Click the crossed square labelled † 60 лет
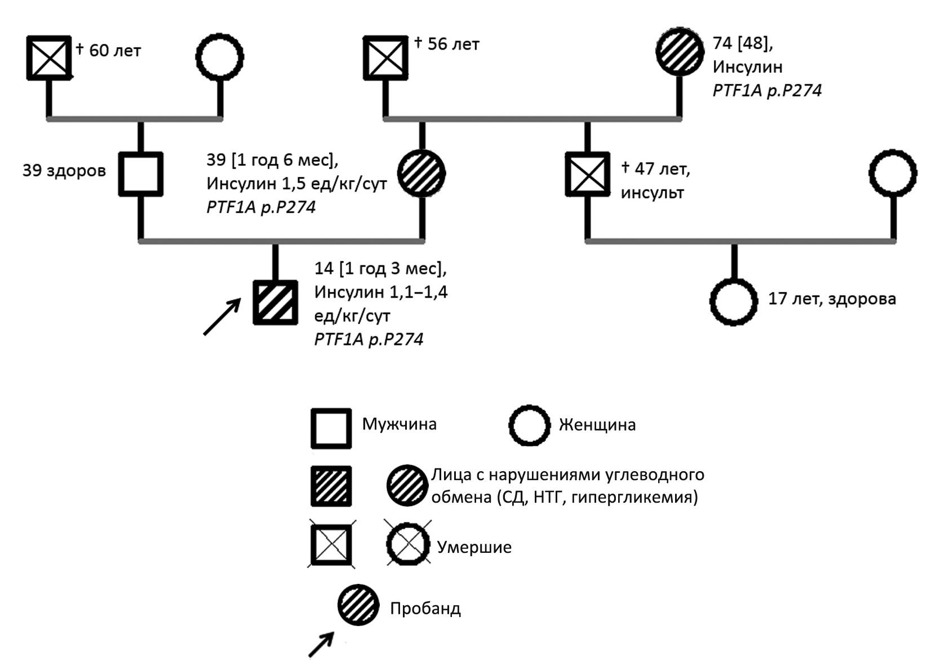coord(50,57)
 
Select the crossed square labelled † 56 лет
coord(385,57)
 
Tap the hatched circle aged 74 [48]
coord(680,51)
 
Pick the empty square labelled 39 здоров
coord(141,174)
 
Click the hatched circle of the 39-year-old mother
coord(421,174)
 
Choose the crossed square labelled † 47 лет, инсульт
coord(588,174)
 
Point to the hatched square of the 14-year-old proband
coord(275,303)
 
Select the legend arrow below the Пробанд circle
coord(321,644)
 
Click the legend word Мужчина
coord(399,424)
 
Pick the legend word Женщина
coord(597,424)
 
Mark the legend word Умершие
coord(474,547)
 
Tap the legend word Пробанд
coord(425,609)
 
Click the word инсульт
coord(653,193)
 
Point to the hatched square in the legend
coord(331,486)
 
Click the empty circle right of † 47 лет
coord(893,174)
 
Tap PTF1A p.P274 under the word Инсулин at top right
coord(767,90)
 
